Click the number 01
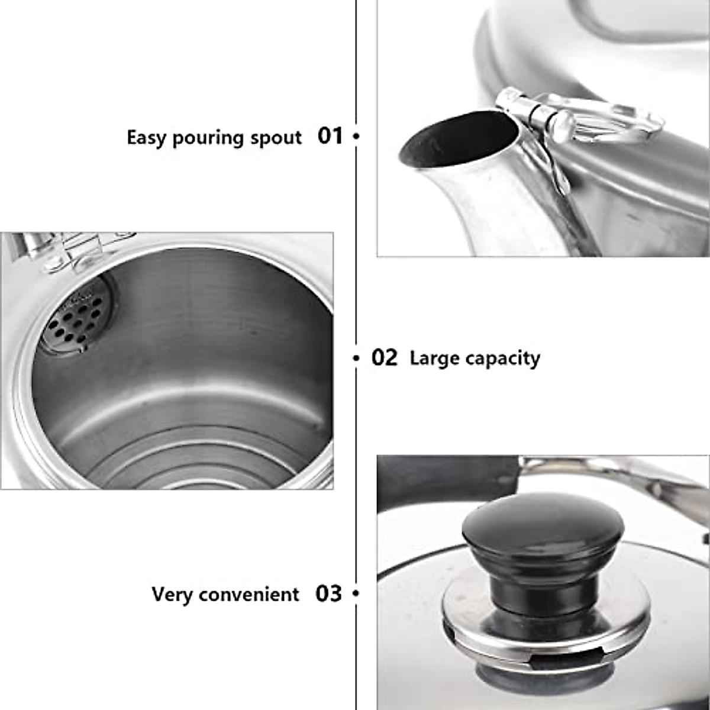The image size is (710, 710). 330,136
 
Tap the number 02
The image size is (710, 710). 385,358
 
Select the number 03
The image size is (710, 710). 328,593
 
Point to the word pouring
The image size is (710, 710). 209,138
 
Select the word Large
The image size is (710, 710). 434,358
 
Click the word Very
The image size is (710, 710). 172,594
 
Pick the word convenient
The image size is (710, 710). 248,594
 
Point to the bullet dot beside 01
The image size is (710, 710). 356,136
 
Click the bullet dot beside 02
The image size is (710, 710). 356,358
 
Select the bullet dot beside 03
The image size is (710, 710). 356,593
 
